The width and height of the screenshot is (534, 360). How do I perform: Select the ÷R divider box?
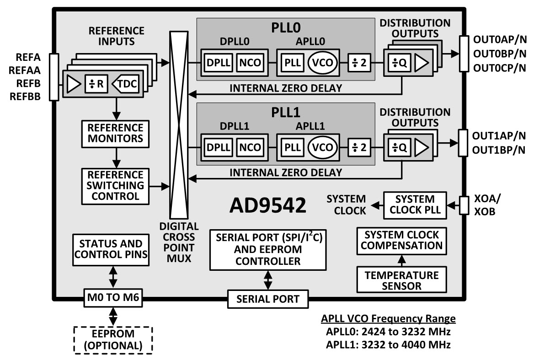click(x=96, y=84)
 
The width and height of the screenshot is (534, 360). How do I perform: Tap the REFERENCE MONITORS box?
click(x=116, y=133)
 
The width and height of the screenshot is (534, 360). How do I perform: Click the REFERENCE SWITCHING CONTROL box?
click(x=116, y=186)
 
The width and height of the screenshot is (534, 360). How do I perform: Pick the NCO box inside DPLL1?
click(x=250, y=147)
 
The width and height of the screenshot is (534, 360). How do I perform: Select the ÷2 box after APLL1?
click(x=360, y=147)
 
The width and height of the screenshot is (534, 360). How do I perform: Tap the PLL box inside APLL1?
click(x=292, y=147)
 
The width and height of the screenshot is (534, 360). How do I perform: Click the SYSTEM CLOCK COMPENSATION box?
click(x=401, y=241)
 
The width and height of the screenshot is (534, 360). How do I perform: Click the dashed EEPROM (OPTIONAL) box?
click(x=113, y=339)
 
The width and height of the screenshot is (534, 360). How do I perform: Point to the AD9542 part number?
click(x=267, y=206)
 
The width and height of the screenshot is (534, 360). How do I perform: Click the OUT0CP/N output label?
click(x=499, y=68)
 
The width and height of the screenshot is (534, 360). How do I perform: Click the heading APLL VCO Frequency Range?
click(x=388, y=319)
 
